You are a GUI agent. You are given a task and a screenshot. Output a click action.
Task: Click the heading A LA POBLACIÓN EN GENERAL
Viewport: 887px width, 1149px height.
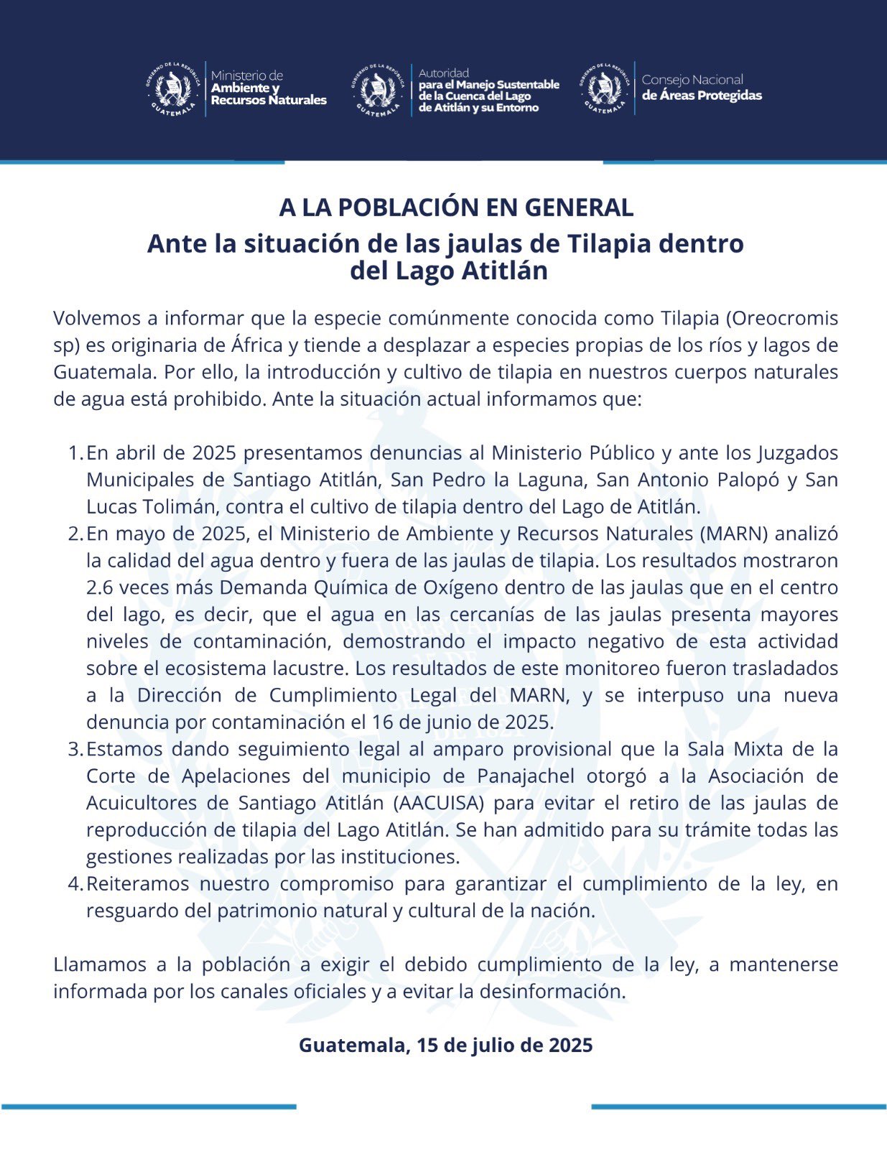pyautogui.click(x=456, y=208)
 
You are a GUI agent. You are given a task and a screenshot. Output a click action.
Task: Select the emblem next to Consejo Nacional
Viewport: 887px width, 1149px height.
pyautogui.click(x=603, y=88)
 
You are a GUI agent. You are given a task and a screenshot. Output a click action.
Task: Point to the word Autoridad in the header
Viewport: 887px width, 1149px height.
pyautogui.click(x=444, y=73)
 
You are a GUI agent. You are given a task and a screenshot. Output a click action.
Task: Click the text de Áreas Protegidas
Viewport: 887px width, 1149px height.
pyautogui.click(x=702, y=96)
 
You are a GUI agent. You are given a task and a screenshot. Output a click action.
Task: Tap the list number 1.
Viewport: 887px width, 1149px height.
pyautogui.click(x=75, y=453)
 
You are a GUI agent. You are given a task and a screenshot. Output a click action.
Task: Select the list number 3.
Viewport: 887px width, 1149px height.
pyautogui.click(x=75, y=749)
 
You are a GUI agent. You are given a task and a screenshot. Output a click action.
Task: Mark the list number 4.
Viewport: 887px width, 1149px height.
pyautogui.click(x=75, y=884)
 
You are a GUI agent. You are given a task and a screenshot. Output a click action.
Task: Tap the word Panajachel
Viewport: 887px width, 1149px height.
pyautogui.click(x=526, y=776)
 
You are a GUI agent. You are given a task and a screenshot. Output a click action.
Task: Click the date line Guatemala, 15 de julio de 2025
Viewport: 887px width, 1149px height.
pyautogui.click(x=445, y=1045)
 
